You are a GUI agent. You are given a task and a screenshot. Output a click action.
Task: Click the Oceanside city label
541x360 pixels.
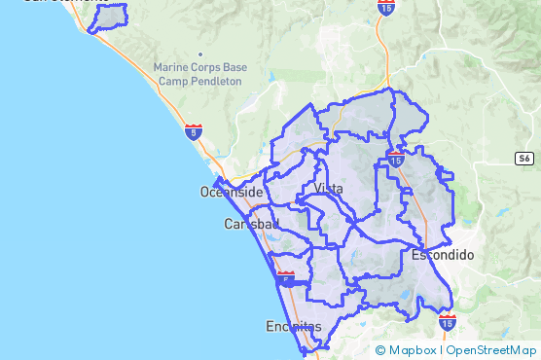click(232, 192)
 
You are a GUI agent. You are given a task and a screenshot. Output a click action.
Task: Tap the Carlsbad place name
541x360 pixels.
click(251, 224)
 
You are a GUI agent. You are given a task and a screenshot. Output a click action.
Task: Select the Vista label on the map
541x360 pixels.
click(329, 188)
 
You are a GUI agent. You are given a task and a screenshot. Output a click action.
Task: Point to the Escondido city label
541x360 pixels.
click(442, 255)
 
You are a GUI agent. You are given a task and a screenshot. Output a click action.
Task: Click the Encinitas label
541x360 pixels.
click(293, 327)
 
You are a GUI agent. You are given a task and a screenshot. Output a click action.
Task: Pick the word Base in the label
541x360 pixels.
click(234, 68)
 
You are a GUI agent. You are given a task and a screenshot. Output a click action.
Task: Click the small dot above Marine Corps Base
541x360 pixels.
click(200, 54)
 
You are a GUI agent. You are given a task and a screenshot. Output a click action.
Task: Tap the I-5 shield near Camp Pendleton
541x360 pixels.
click(194, 131)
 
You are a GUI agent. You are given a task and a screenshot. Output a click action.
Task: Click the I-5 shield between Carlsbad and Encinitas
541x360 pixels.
click(285, 279)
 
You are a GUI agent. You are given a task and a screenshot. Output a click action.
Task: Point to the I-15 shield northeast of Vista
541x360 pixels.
click(396, 158)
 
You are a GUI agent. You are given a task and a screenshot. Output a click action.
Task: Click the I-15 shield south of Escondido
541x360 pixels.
click(448, 321)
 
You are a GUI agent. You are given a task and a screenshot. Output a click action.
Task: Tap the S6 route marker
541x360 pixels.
click(524, 158)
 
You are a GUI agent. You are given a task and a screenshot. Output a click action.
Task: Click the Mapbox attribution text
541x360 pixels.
click(413, 350)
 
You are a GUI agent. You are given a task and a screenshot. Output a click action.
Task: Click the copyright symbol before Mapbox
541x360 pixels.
click(379, 350)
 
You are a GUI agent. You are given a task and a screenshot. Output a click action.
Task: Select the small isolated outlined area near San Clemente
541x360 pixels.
click(108, 18)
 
